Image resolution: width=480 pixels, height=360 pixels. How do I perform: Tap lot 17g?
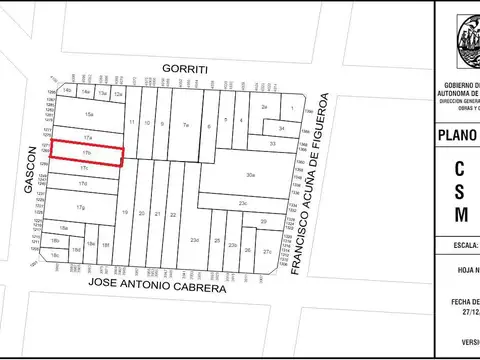pos(82,207)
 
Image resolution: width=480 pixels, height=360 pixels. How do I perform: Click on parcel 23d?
pos(195,240)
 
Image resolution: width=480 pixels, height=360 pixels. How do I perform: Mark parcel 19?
pos(125,213)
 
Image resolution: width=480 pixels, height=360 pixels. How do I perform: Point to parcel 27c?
pos(267,252)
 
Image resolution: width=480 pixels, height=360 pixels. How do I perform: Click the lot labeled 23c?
pos(243,203)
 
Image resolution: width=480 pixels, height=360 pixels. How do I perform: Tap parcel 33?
pos(272,144)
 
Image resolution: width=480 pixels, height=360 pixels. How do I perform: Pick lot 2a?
pos(264,106)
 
